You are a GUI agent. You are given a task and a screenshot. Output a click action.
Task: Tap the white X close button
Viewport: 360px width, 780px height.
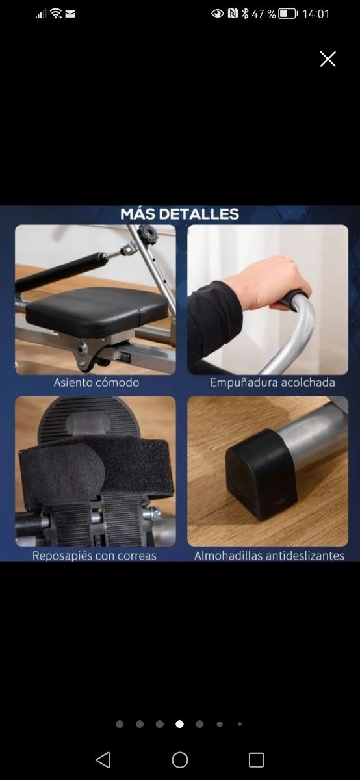pyautogui.click(x=328, y=59)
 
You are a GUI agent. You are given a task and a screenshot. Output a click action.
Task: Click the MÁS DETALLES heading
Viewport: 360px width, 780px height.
pyautogui.click(x=179, y=214)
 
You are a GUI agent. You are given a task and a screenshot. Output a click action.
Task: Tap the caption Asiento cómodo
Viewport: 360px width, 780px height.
pyautogui.click(x=96, y=382)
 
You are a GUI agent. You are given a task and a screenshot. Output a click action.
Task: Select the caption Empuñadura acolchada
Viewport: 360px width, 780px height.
pyautogui.click(x=272, y=382)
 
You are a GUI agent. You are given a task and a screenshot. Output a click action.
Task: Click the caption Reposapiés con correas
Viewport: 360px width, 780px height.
pyautogui.click(x=95, y=556)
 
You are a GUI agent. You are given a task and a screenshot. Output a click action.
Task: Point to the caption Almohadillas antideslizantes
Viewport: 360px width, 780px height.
pyautogui.click(x=269, y=556)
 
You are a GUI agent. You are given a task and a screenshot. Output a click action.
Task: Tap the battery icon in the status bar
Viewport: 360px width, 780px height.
pyautogui.click(x=287, y=14)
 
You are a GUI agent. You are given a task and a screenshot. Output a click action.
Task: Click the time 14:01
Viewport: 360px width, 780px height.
pyautogui.click(x=316, y=14)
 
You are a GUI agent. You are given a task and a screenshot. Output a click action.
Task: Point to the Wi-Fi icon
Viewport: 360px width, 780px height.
pyautogui.click(x=56, y=14)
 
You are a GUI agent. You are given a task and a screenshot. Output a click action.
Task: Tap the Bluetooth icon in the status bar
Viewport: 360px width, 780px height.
pyautogui.click(x=245, y=14)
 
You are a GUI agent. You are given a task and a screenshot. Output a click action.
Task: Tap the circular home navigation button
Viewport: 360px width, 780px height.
pyautogui.click(x=180, y=760)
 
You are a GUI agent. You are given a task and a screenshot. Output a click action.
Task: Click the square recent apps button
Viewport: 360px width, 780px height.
pyautogui.click(x=256, y=760)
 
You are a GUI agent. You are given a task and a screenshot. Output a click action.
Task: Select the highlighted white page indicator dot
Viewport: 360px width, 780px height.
pyautogui.click(x=179, y=724)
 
